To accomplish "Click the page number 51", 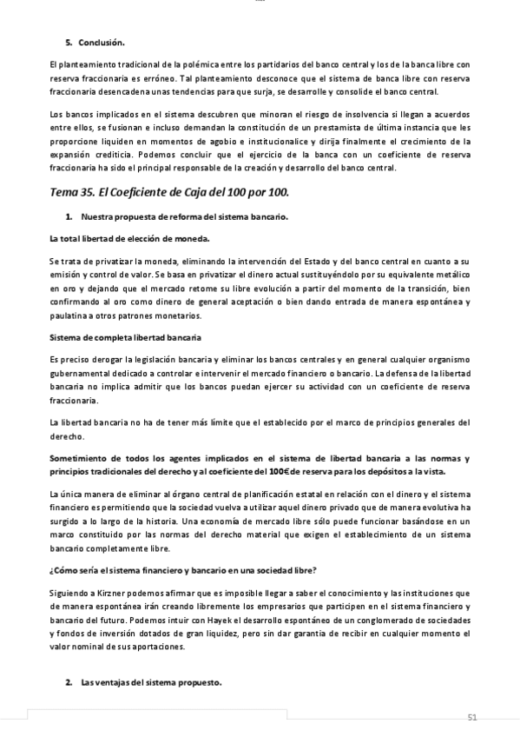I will click(x=472, y=716).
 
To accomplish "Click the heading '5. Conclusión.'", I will click(x=95, y=43).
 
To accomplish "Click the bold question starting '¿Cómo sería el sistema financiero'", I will click(x=183, y=569).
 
